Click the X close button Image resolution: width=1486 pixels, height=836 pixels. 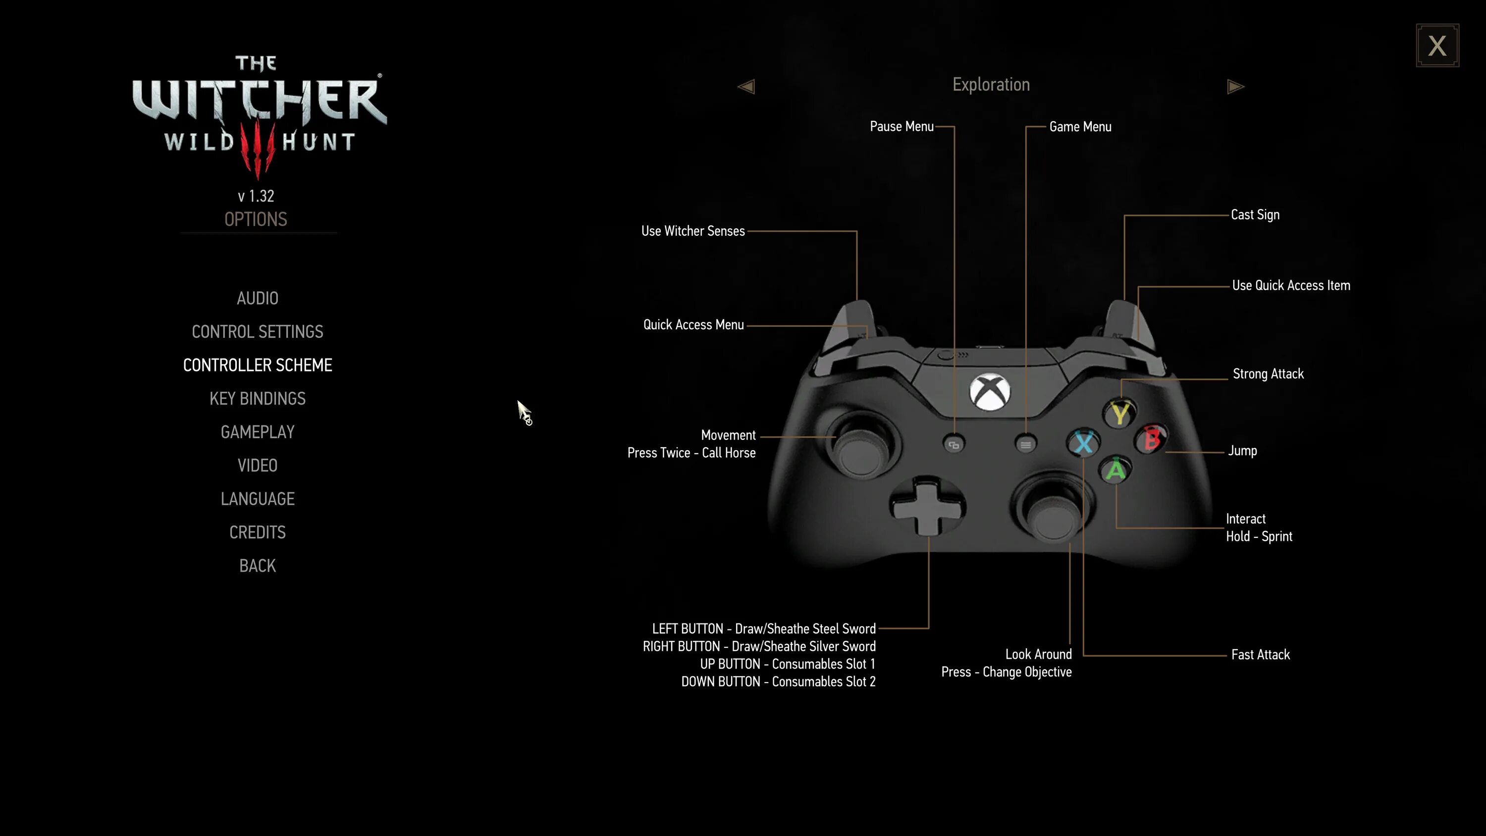click(x=1437, y=46)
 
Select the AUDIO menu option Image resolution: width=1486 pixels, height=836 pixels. click(x=257, y=298)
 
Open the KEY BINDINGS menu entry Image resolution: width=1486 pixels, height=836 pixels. click(x=257, y=399)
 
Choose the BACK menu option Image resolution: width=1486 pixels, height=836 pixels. click(x=257, y=566)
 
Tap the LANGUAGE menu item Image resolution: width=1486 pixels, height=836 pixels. click(x=257, y=499)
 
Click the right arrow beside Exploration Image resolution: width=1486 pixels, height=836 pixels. click(x=1235, y=87)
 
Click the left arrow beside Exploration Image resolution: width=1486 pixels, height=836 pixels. click(x=746, y=87)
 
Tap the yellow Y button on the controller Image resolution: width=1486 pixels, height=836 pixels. click(x=1119, y=413)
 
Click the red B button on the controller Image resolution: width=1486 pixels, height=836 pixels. click(x=1152, y=440)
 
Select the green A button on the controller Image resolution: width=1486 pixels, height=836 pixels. click(x=1115, y=470)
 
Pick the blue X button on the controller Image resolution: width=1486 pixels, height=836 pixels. click(x=1083, y=443)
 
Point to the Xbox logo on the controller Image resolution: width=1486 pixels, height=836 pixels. click(x=990, y=392)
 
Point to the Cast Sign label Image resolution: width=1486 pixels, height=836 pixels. click(x=1255, y=214)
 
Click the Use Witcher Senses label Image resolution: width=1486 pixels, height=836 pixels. click(x=693, y=231)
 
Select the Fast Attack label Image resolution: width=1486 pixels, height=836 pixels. click(x=1261, y=655)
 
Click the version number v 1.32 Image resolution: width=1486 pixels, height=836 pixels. click(x=256, y=196)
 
